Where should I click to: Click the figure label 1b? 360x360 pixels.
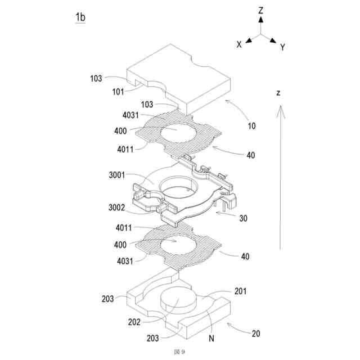(80, 18)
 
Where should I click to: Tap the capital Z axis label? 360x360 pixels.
(261, 10)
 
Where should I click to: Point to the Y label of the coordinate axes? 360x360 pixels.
(282, 47)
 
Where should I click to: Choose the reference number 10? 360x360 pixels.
(251, 126)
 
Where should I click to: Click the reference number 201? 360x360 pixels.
(240, 291)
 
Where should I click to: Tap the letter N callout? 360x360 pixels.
(211, 339)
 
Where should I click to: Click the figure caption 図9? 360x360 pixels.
(179, 352)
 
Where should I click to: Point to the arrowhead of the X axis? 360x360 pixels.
(248, 40)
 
